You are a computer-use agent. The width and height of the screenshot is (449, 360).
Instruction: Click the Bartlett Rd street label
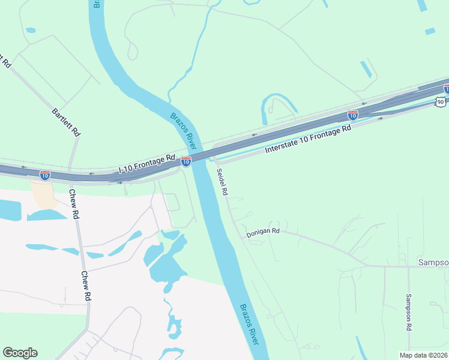pyautogui.click(x=66, y=122)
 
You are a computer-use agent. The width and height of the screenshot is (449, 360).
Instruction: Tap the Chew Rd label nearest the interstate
pyautogui.click(x=74, y=204)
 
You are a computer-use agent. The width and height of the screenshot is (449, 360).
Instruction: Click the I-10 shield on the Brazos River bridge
pyautogui.click(x=186, y=161)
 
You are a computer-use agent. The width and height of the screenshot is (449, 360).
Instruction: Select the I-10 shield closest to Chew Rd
pyautogui.click(x=45, y=175)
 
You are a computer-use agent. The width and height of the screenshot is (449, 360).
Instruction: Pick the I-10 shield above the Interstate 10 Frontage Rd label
pyautogui.click(x=353, y=115)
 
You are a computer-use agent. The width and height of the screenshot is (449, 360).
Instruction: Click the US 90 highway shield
pyautogui.click(x=441, y=101)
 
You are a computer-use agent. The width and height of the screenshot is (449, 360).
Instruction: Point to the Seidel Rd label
pyautogui.click(x=221, y=181)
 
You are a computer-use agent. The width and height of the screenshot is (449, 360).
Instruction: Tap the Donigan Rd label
pyautogui.click(x=263, y=232)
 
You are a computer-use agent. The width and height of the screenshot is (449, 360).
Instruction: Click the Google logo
pyautogui.click(x=20, y=353)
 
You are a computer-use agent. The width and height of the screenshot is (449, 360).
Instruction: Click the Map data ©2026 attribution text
pyautogui.click(x=423, y=355)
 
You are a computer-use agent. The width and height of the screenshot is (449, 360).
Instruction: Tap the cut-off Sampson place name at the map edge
pyautogui.click(x=433, y=263)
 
